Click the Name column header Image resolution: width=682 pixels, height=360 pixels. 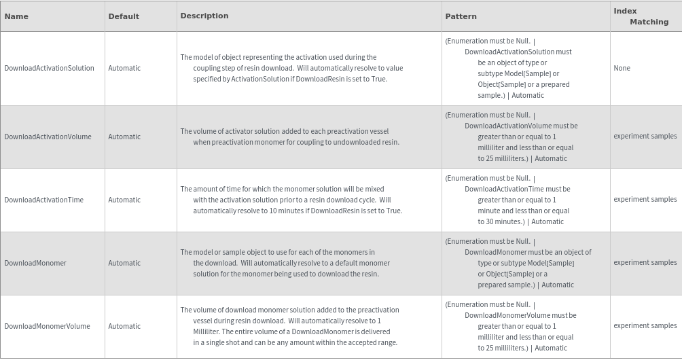[16, 16]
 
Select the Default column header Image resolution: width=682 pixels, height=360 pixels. [124, 16]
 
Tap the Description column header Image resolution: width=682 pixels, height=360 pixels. [204, 16]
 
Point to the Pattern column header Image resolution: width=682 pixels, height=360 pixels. [461, 16]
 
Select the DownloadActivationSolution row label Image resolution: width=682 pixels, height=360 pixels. [50, 68]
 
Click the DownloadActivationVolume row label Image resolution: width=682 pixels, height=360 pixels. [48, 137]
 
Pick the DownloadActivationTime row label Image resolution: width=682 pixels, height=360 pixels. [44, 200]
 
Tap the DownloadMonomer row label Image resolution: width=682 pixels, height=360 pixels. [35, 263]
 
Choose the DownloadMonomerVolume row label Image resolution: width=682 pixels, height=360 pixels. [47, 326]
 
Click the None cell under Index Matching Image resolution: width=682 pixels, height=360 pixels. [622, 68]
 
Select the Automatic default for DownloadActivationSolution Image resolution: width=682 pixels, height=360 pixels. [124, 68]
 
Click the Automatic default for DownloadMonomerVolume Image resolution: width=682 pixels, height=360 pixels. [124, 326]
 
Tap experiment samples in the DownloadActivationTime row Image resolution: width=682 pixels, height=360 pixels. [645, 200]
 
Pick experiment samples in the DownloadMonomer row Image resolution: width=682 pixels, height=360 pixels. [645, 263]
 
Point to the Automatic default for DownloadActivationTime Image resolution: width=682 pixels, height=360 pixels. [124, 200]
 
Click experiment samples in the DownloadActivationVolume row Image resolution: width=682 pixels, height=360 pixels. [645, 137]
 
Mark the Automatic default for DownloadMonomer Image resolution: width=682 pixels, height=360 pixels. [124, 263]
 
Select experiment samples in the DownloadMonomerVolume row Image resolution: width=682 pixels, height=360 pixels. [645, 326]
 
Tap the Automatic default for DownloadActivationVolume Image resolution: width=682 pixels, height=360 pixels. [124, 137]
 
